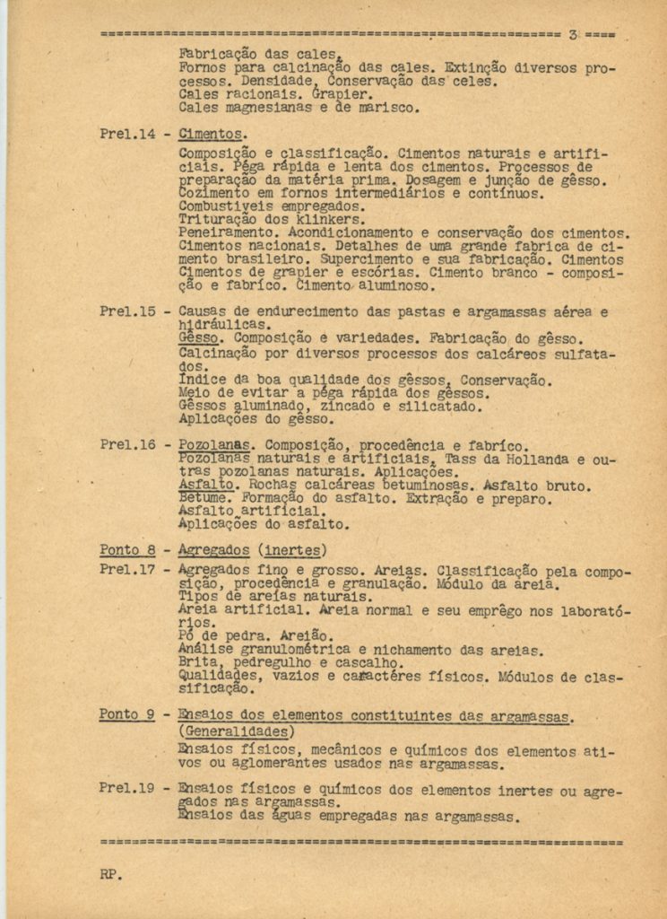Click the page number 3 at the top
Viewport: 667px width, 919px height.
pyautogui.click(x=573, y=35)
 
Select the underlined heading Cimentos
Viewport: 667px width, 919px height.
pyautogui.click(x=211, y=135)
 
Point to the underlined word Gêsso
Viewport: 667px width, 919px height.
pyautogui.click(x=199, y=339)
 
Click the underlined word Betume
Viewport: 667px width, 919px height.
pyautogui.click(x=205, y=498)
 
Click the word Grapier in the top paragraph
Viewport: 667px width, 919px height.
pyautogui.click(x=341, y=93)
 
